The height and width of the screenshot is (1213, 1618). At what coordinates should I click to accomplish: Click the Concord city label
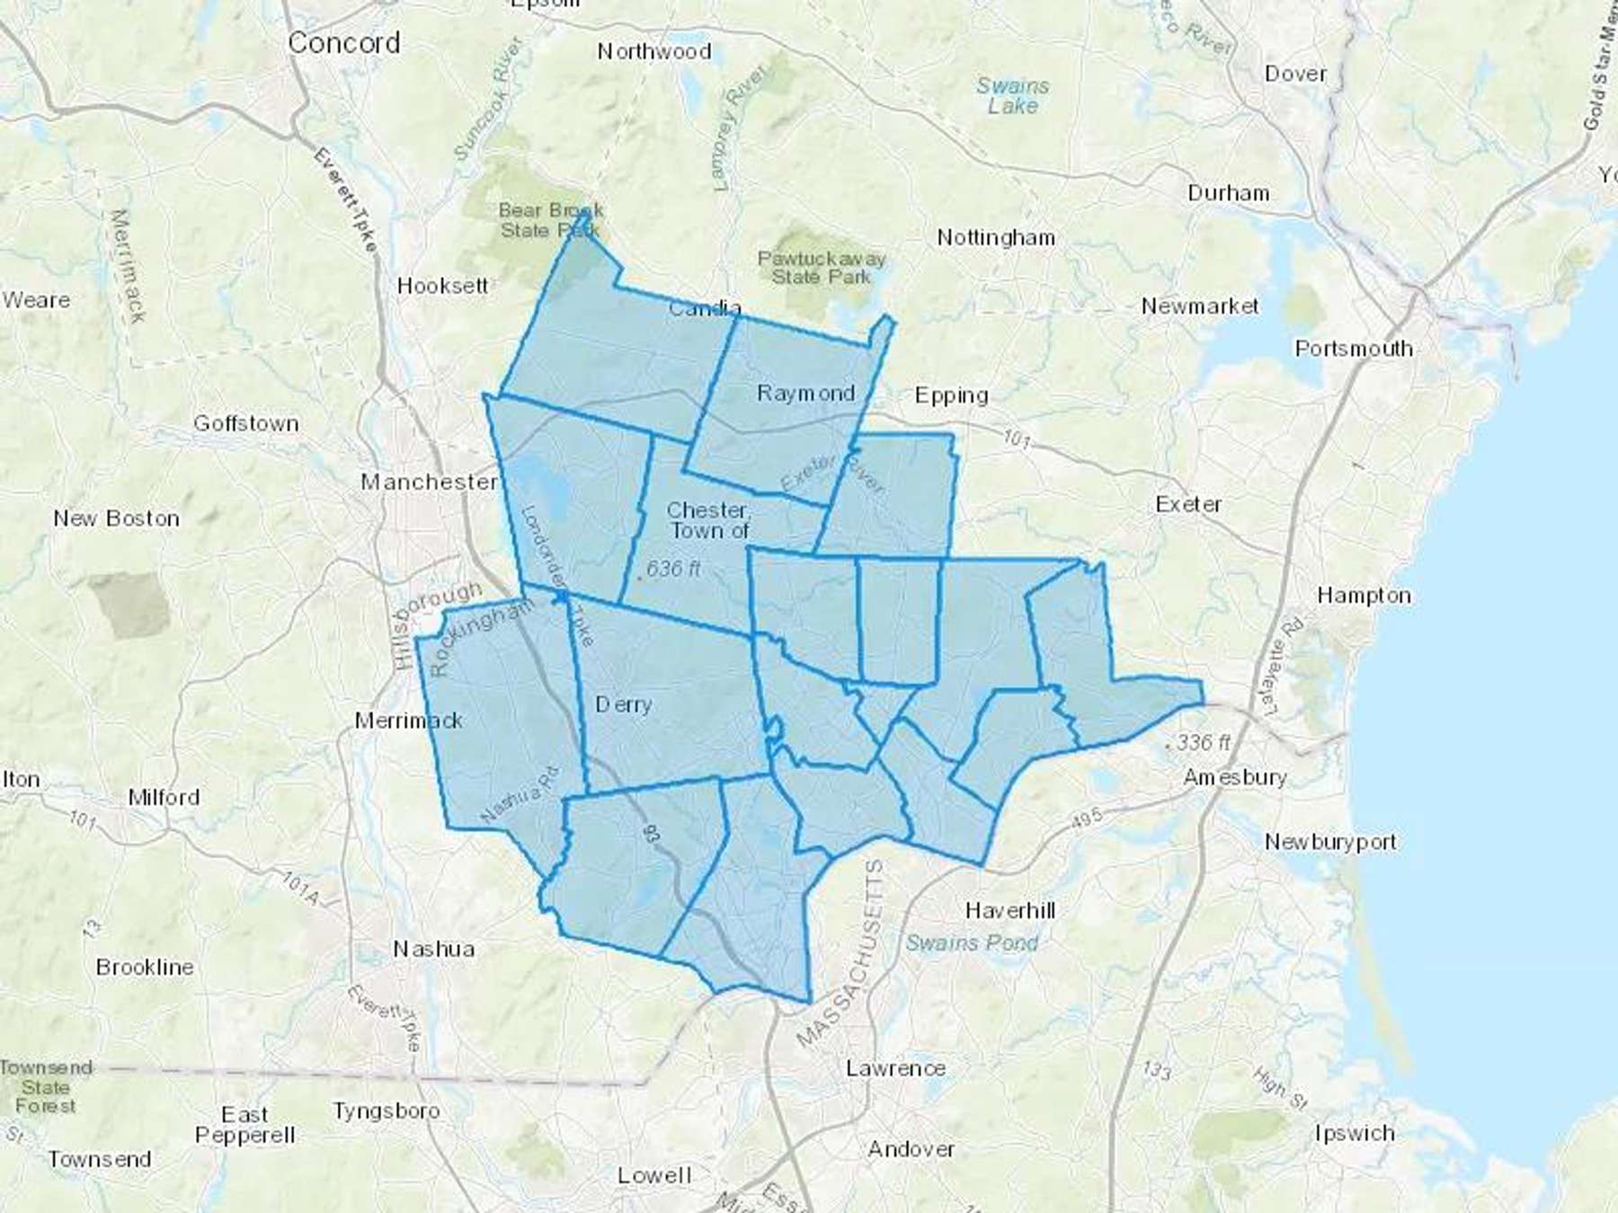coord(344,43)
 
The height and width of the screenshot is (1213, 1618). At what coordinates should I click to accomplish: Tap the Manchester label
coord(429,483)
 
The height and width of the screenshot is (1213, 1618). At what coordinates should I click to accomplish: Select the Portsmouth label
coord(1353,349)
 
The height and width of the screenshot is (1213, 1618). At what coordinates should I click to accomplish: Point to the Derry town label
coord(623,704)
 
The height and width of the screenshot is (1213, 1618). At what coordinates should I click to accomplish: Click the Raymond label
coord(805,394)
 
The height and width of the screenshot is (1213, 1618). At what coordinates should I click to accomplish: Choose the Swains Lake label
coord(1013,96)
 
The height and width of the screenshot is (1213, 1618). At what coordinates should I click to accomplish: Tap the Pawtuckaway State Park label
coord(822,268)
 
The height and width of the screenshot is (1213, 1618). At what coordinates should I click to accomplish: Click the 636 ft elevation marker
coord(673,569)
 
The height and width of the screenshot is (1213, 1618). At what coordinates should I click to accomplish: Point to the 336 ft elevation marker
coord(1203,743)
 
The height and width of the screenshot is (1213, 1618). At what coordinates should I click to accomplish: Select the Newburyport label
coord(1330,842)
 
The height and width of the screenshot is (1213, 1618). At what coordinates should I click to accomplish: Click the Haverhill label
coord(1010,910)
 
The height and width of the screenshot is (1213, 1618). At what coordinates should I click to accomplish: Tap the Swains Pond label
coord(971,943)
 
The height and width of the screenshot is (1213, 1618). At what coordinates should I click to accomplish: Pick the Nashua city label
coord(434,949)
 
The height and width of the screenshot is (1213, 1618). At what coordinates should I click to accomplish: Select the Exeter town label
coord(1188,504)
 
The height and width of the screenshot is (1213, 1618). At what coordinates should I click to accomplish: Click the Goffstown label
coord(246,423)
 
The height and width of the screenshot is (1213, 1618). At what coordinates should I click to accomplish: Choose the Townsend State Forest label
coord(46,1086)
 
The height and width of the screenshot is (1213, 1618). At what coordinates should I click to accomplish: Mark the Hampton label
coord(1364,596)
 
